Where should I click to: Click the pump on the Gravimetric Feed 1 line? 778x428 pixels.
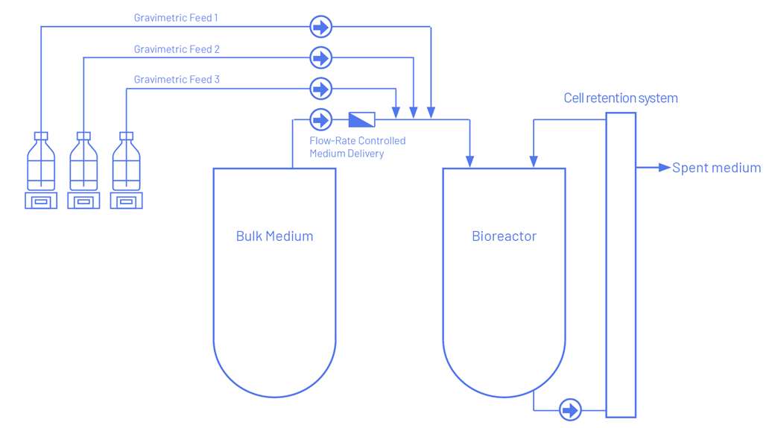click(x=320, y=28)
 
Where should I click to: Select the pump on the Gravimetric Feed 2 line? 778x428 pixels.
click(x=320, y=57)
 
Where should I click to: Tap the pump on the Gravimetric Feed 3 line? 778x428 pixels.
click(x=320, y=89)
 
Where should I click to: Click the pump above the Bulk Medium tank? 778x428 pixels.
click(x=320, y=119)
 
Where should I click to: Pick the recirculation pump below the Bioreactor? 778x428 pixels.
click(x=570, y=410)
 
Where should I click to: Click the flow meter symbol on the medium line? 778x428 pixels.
click(x=361, y=119)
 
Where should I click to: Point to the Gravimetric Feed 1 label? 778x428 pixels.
click(x=176, y=18)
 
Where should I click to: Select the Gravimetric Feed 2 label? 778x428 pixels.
click(x=177, y=49)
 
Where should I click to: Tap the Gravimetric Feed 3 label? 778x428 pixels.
click(x=177, y=80)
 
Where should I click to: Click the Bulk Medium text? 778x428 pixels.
click(x=274, y=236)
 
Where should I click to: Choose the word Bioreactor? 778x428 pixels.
click(x=504, y=236)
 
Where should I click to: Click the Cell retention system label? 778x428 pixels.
click(x=621, y=98)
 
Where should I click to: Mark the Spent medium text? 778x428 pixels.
click(x=716, y=169)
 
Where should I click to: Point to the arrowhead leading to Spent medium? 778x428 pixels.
click(x=665, y=168)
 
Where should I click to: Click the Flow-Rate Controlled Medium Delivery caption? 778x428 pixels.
click(x=358, y=147)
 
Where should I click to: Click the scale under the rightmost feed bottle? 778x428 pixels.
click(x=126, y=201)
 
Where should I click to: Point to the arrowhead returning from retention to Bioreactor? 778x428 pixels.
click(x=534, y=161)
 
